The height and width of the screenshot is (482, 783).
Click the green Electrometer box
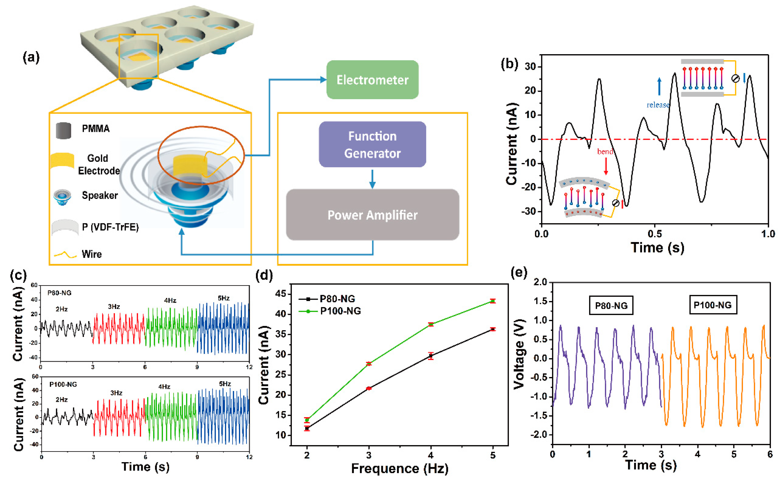click(372, 80)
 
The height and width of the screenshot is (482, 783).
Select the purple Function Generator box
click(372, 144)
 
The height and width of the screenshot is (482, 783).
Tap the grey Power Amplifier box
click(372, 215)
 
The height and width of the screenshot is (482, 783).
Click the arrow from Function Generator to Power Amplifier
click(372, 179)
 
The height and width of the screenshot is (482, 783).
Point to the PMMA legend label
click(96, 129)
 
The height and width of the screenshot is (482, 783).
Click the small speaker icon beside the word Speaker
click(62, 197)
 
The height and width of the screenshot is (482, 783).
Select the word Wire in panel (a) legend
click(92, 254)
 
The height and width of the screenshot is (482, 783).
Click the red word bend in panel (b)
click(605, 152)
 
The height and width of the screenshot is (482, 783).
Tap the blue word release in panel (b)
click(658, 105)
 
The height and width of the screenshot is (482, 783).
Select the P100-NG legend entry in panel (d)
click(340, 311)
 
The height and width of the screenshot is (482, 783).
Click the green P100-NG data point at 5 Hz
click(493, 301)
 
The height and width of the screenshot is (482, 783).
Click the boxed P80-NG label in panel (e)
click(611, 305)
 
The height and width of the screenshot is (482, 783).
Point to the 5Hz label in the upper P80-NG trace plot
click(224, 298)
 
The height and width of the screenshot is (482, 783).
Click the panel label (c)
click(18, 275)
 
